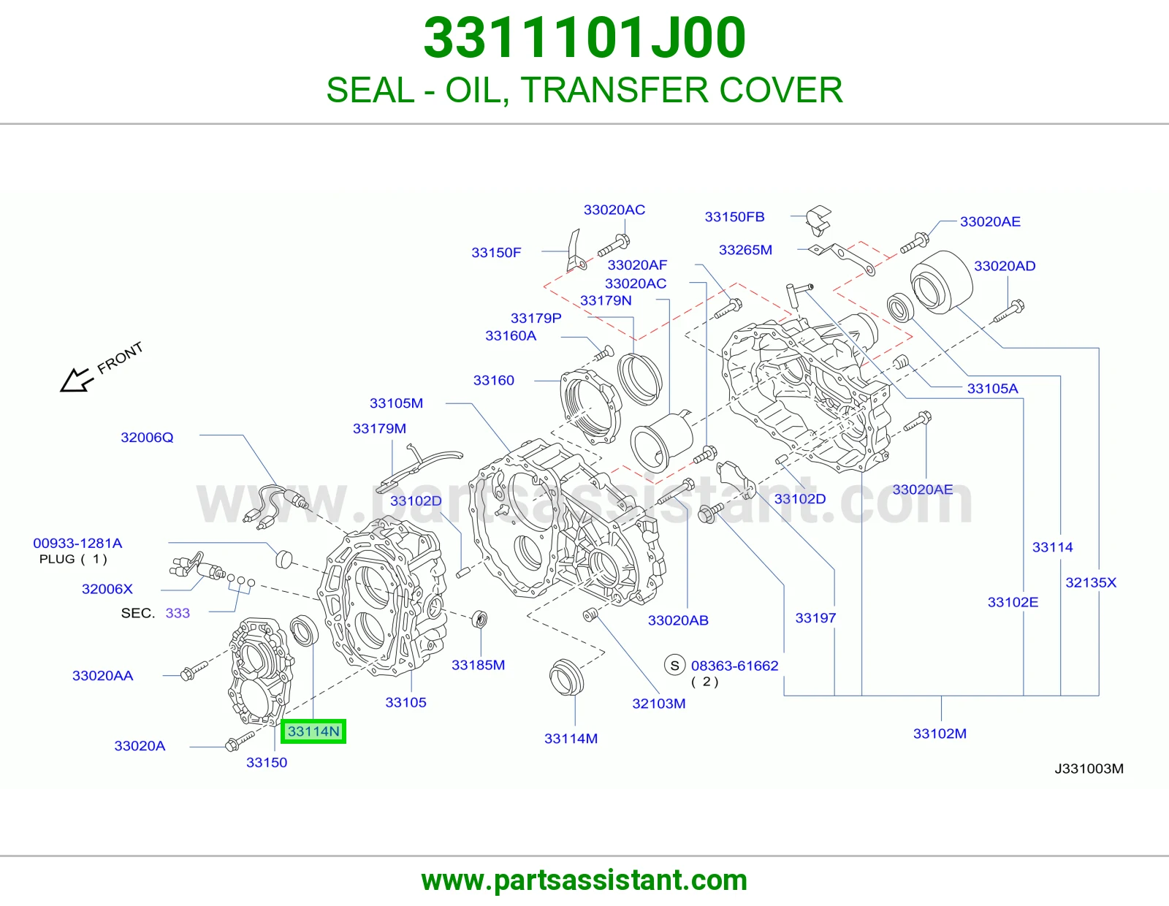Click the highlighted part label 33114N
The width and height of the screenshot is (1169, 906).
pos(313,731)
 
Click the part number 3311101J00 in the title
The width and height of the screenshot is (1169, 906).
pos(584,38)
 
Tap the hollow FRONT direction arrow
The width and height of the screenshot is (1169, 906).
pos(75,379)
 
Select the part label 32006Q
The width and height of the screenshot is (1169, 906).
pos(147,438)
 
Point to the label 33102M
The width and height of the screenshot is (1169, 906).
pos(940,734)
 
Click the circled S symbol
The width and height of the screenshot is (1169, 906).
pos(674,666)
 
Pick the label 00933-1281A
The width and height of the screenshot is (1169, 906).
pos(77,544)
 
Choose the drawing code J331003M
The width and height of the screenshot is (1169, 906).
pos(1089,769)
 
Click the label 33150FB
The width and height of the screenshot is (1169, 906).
pos(734,217)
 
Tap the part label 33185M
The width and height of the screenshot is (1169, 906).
pos(479,665)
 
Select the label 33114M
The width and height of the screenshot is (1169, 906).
pos(571,739)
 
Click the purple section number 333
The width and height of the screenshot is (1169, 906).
pos(178,613)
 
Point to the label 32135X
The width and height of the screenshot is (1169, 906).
pos(1091,582)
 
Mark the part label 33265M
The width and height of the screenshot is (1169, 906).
pos(746,250)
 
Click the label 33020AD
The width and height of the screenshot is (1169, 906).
pos(1005,266)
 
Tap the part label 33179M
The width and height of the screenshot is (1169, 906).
pos(379,428)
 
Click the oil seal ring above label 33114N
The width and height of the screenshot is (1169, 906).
pos(304,631)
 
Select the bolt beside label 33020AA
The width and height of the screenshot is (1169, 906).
pos(194,670)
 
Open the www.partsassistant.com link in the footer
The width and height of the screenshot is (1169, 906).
pos(584,880)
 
